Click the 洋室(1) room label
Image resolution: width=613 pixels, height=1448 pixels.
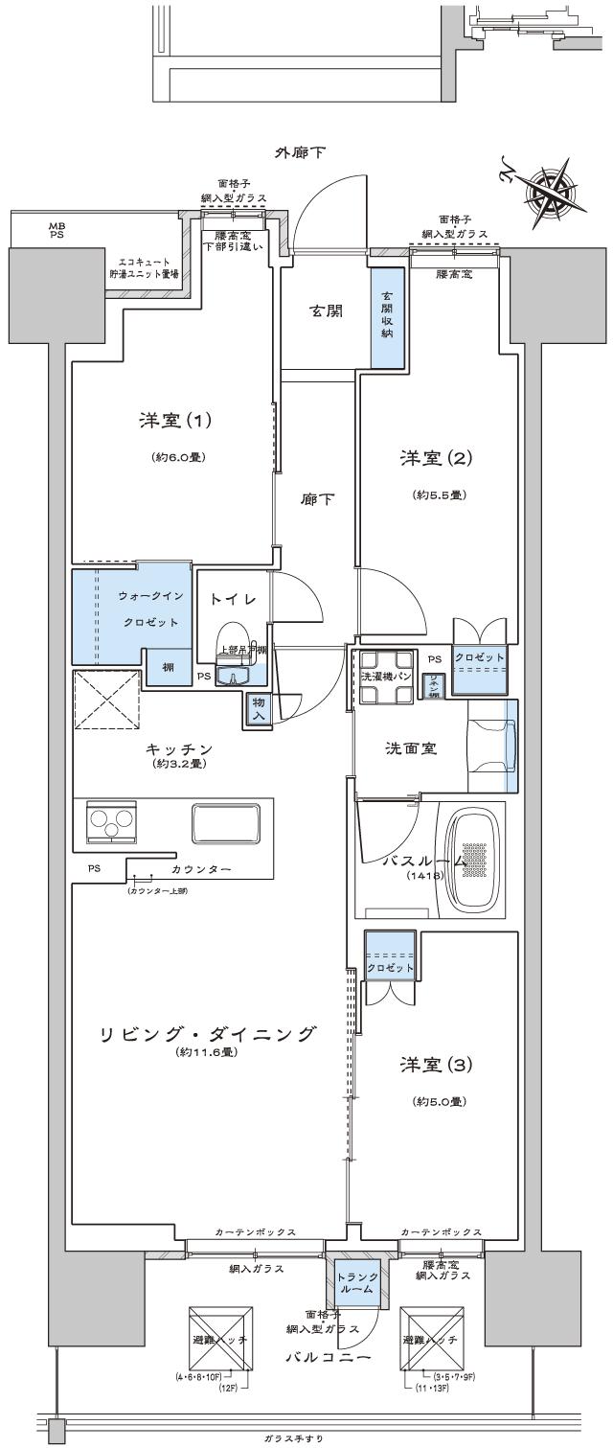[174, 420]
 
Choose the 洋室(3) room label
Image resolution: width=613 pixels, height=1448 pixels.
[438, 1064]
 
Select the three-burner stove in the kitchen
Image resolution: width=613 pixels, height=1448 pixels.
[111, 821]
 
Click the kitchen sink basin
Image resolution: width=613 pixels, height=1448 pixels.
[226, 822]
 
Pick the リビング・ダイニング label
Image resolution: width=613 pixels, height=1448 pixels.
[207, 1034]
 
